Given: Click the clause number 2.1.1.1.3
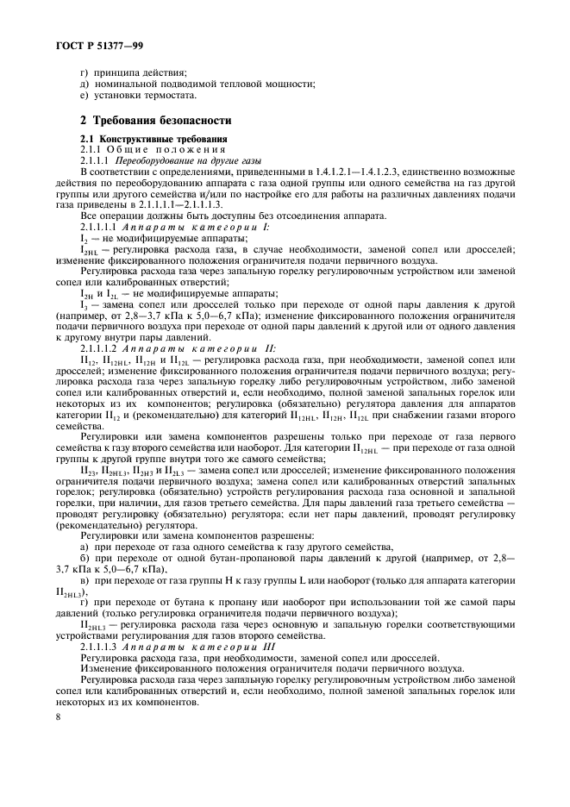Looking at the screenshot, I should pos(100,647).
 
